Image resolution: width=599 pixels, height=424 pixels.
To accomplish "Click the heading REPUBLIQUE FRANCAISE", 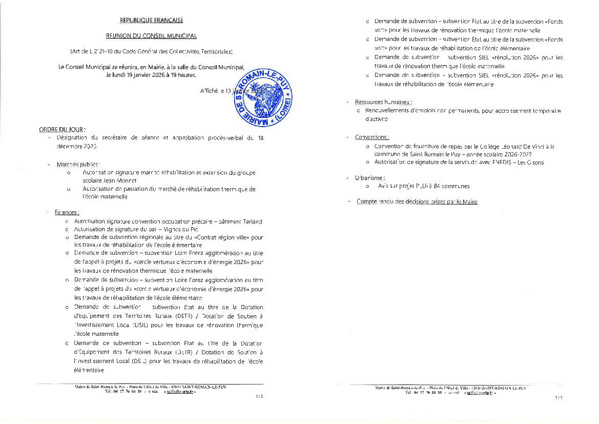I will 151,21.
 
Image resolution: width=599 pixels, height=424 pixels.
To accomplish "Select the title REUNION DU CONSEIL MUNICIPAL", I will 151,36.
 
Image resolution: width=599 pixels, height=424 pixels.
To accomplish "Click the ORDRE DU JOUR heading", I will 62,129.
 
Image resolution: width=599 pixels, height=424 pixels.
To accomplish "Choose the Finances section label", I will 67,212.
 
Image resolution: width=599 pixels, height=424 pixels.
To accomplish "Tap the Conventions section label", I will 371,137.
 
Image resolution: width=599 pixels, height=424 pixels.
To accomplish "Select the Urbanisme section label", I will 368,177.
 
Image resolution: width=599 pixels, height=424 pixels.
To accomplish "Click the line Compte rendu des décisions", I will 417,202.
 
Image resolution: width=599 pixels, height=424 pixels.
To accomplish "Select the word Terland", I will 252,221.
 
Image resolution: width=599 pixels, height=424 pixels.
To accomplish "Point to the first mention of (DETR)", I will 183,316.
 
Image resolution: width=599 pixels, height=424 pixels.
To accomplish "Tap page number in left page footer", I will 258,396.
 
